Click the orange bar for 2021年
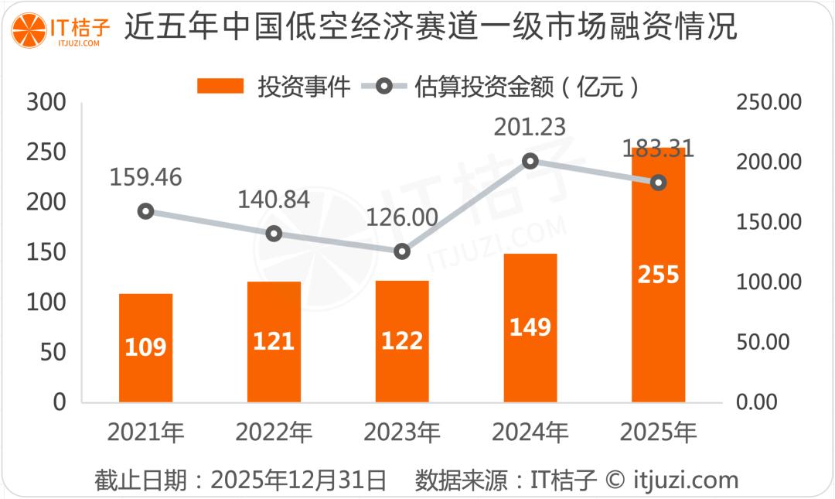[x=145, y=348]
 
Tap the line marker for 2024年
[x=530, y=161]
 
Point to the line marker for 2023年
[x=402, y=251]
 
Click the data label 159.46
[x=145, y=177]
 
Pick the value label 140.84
[x=273, y=200]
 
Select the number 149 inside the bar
[x=530, y=327]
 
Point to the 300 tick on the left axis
[x=47, y=103]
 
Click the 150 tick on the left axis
[x=47, y=253]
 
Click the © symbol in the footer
[x=614, y=480]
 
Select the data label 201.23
[x=530, y=127]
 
